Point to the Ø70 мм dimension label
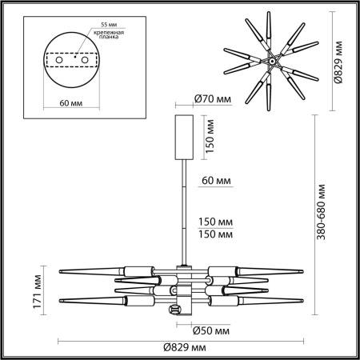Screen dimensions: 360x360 coord(212,100)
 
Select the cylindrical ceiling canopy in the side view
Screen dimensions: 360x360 coord(185,137)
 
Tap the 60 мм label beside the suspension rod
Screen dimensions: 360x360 coord(215,181)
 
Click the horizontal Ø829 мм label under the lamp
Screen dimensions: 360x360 coord(186,349)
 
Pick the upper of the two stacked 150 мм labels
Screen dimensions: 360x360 coord(216,223)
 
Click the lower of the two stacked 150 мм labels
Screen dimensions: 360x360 coord(216,235)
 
